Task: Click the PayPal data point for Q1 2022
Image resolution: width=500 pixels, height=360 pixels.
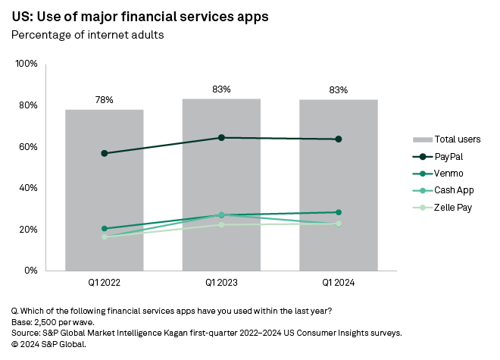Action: pyautogui.click(x=104, y=153)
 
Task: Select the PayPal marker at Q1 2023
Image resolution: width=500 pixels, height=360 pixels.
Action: pyautogui.click(x=221, y=137)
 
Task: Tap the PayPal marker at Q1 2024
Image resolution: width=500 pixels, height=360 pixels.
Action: pyautogui.click(x=339, y=139)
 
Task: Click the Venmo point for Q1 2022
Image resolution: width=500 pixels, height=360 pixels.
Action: pyautogui.click(x=104, y=228)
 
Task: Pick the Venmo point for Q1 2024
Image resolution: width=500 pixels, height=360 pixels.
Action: pyautogui.click(x=339, y=212)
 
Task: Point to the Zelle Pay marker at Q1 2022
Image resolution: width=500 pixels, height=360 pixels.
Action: pyautogui.click(x=104, y=237)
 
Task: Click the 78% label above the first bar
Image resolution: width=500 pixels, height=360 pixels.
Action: pyautogui.click(x=104, y=99)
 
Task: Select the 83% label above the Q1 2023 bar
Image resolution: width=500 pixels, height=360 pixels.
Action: pyautogui.click(x=221, y=89)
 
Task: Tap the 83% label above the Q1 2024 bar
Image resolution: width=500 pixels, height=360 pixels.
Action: pyautogui.click(x=339, y=89)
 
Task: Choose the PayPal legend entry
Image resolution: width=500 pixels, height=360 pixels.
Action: pyautogui.click(x=449, y=156)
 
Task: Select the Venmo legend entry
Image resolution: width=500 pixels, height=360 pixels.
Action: pyautogui.click(x=449, y=174)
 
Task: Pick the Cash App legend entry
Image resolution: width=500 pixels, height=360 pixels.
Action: pyautogui.click(x=453, y=190)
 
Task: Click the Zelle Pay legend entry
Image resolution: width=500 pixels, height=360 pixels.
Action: pyautogui.click(x=454, y=207)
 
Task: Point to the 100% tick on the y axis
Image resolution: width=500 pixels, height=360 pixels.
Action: pyautogui.click(x=27, y=64)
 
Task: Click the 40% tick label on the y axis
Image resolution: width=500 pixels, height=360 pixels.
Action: pyautogui.click(x=28, y=188)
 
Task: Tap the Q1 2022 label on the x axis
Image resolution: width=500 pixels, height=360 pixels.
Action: pyautogui.click(x=104, y=283)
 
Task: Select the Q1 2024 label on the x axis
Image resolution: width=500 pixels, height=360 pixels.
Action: pyautogui.click(x=339, y=283)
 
